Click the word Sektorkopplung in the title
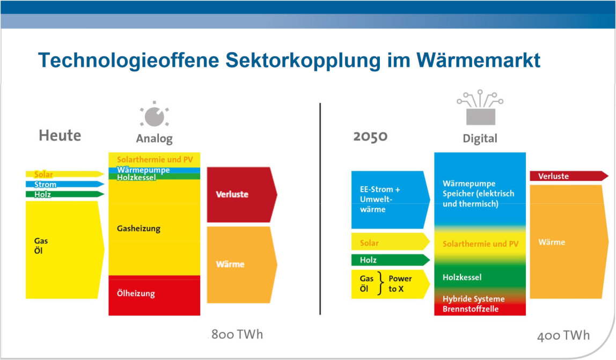pos(303,61)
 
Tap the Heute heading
pos(60,136)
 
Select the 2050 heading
pos(370,136)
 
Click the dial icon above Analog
pos(155,114)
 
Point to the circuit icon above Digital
pos(480,107)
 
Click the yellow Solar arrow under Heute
pos(65,174)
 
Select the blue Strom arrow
pos(65,185)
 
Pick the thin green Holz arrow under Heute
pos(65,194)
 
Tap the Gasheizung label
pos(138,229)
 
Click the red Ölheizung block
pos(155,296)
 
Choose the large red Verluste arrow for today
pos(242,195)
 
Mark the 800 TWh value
pos(237,334)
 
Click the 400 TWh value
pos(563,335)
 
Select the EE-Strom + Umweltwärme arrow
pos(391,200)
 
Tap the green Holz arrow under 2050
pos(391,260)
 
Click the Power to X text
pos(400,284)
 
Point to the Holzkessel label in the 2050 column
pos(462,277)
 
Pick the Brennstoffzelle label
pos(471,309)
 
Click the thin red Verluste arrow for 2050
pos(569,176)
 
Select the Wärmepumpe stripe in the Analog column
pos(155,170)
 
